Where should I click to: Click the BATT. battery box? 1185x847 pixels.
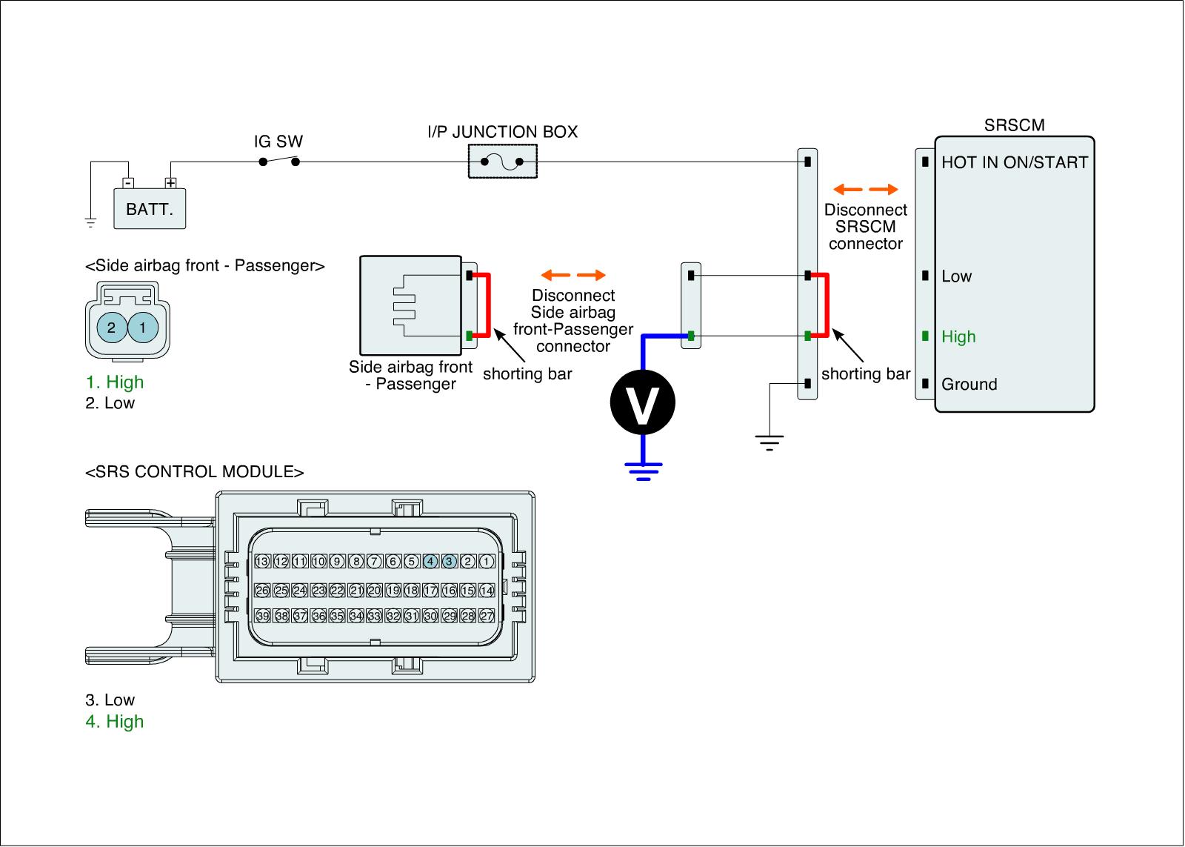pyautogui.click(x=149, y=208)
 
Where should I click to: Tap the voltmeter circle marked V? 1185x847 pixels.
pyautogui.click(x=642, y=402)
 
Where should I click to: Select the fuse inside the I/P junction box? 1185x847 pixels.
pyautogui.click(x=502, y=162)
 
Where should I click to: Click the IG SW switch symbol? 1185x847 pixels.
pyautogui.click(x=279, y=161)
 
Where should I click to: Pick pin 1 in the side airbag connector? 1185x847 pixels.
pyautogui.click(x=143, y=327)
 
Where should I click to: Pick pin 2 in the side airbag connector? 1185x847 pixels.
pyautogui.click(x=111, y=327)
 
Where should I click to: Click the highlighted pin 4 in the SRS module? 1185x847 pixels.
pyautogui.click(x=430, y=562)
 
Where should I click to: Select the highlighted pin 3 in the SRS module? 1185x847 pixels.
pyautogui.click(x=449, y=562)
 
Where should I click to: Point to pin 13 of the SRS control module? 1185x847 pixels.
pyautogui.click(x=262, y=562)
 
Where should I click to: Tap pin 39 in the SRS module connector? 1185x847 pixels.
pyautogui.click(x=262, y=616)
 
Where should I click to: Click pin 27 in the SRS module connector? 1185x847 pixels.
pyautogui.click(x=486, y=616)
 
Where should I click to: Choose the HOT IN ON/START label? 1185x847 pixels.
pyautogui.click(x=1014, y=162)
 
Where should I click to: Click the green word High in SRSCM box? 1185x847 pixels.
pyautogui.click(x=958, y=337)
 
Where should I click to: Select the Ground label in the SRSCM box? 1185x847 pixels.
pyautogui.click(x=969, y=385)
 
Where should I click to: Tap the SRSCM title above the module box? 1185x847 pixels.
pyautogui.click(x=1014, y=125)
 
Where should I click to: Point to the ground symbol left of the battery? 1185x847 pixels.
pyautogui.click(x=90, y=221)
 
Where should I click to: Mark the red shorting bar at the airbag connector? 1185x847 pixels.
pyautogui.click(x=489, y=306)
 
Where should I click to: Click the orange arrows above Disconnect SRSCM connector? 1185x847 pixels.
pyautogui.click(x=865, y=189)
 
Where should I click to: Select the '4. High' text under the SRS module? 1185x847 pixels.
pyautogui.click(x=115, y=722)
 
